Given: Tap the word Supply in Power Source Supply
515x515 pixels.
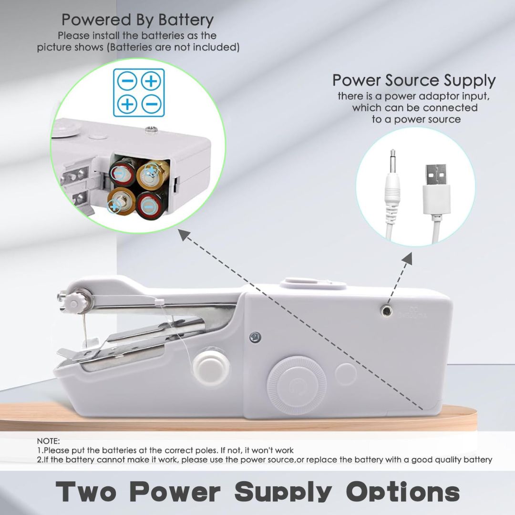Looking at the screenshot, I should [x=470, y=80].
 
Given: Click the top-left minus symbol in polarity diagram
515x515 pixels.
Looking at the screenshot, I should [x=127, y=81].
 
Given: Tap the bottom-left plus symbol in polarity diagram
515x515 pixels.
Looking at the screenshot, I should [x=127, y=103].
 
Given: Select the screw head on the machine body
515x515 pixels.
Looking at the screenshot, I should [x=256, y=337].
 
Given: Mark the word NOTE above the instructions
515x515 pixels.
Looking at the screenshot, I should [x=48, y=442].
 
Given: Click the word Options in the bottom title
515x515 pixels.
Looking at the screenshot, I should [x=403, y=491].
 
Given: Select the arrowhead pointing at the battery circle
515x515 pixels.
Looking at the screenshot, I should [x=184, y=233].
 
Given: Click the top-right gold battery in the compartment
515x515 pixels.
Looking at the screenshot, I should [x=152, y=173].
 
